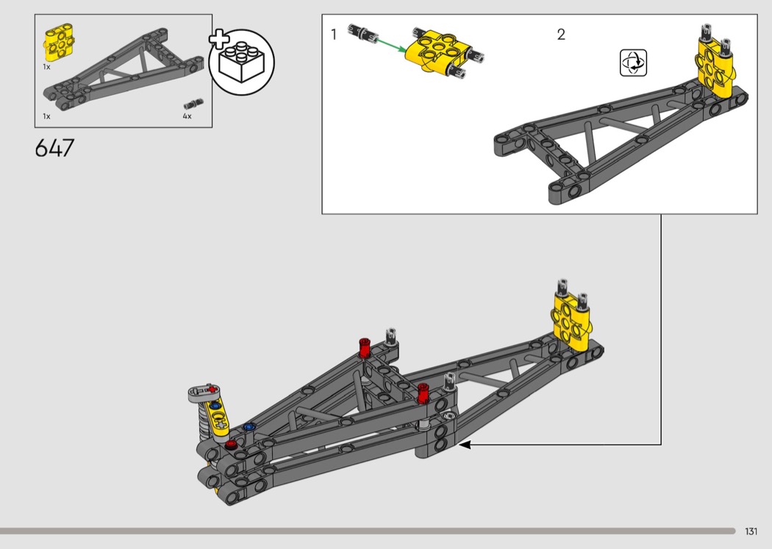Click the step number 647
[x=54, y=148]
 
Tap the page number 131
[x=751, y=531]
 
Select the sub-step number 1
[x=334, y=35]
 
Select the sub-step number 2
[x=561, y=35]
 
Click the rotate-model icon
[x=633, y=63]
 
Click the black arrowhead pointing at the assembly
[x=465, y=444]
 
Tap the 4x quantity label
[x=187, y=116]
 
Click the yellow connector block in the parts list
[x=59, y=43]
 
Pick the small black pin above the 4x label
[x=193, y=104]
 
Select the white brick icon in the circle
[x=241, y=63]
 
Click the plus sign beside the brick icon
[x=219, y=40]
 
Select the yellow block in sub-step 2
[x=715, y=68]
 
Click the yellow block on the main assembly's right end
[x=571, y=321]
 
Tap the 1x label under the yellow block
[x=47, y=67]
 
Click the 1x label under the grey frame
[x=47, y=116]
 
